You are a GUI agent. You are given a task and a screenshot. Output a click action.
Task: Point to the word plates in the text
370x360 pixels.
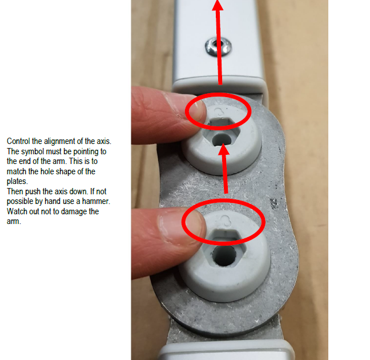coord(17,181)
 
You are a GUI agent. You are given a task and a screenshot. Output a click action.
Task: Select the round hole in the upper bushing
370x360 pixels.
coord(222,140)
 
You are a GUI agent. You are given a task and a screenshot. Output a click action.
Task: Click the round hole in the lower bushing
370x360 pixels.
coord(224,256)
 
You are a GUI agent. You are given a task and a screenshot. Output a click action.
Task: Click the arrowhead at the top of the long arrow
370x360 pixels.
coord(218,5)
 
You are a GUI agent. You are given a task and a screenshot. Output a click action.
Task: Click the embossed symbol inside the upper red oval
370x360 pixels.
coord(220,111)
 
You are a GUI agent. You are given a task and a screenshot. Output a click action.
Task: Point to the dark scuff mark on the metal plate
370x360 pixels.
coord(274,203)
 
